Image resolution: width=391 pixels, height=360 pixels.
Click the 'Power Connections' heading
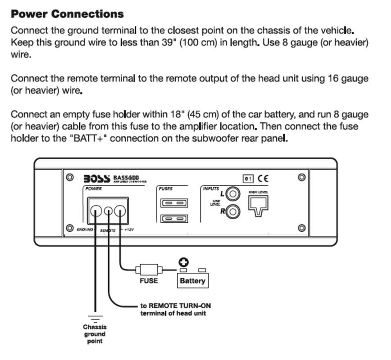67,14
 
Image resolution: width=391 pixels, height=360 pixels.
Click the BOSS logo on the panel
97,179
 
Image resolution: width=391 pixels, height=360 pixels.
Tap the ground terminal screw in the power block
95,211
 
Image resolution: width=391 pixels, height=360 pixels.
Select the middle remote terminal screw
109,211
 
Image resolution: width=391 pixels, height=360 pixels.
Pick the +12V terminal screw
120,211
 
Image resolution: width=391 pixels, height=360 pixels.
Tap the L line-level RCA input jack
232,194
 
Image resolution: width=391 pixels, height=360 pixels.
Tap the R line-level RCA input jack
232,211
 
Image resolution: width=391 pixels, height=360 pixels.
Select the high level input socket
259,205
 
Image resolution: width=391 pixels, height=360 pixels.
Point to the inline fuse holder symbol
149,270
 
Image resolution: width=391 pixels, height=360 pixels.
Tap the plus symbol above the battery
184,262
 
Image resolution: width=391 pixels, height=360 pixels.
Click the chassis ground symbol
95,318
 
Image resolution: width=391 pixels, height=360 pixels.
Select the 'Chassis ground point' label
95,334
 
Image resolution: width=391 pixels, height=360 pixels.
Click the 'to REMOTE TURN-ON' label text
176,306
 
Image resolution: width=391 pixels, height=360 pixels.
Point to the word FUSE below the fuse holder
149,281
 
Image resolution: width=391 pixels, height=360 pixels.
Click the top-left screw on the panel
70,177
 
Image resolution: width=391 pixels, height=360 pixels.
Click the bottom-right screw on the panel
302,229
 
